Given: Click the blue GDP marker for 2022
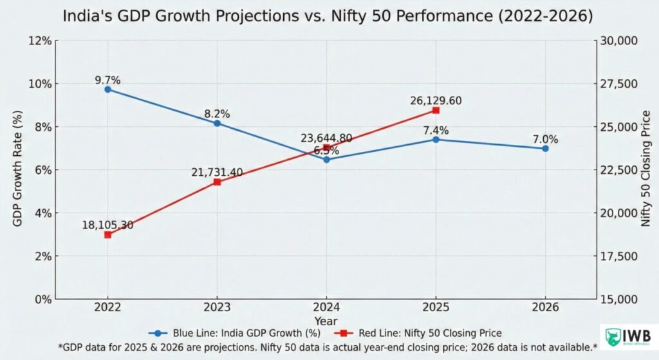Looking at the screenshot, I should coord(107,90).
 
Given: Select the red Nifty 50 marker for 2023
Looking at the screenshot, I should coord(217,182).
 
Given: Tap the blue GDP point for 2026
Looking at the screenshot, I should coord(545,148).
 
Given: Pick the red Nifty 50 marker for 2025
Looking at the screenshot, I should coord(436,110).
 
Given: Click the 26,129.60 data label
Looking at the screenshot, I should coord(436,100).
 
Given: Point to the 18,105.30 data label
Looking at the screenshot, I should coord(107,225).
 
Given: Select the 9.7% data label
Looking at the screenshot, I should coord(107,80).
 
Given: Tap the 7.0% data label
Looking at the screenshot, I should coord(545,139).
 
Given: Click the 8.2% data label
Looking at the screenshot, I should coord(217,113).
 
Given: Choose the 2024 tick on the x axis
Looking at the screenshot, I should coord(326,308).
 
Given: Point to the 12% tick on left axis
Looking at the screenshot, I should coord(41,41).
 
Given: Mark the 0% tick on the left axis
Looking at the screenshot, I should coord(43,299).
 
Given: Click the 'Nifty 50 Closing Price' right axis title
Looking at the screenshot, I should coord(645,170).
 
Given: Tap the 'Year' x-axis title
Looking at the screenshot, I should coord(326,320).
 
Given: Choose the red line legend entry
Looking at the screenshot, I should coord(418,333).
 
